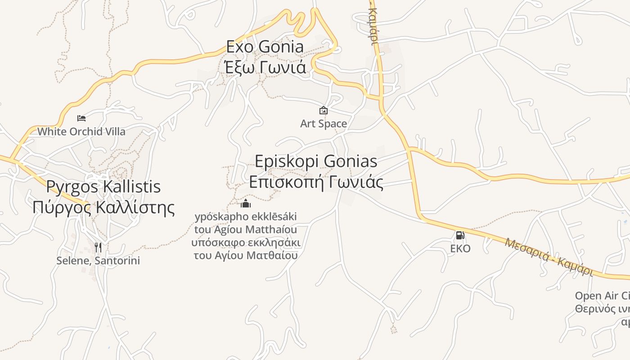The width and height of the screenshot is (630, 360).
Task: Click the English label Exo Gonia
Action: (265, 47)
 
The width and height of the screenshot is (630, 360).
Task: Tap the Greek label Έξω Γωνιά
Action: (265, 67)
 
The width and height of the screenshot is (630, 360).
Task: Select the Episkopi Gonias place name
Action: (316, 161)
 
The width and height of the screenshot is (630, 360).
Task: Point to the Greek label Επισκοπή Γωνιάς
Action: (316, 182)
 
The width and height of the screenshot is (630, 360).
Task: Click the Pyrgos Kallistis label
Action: (103, 187)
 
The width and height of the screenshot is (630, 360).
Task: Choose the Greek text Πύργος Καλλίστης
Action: (103, 207)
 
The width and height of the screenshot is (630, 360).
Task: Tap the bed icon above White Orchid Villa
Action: (81, 118)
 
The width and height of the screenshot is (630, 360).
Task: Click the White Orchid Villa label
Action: (81, 131)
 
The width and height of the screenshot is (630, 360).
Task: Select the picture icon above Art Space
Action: (323, 110)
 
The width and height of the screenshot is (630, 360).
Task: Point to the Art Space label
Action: (323, 123)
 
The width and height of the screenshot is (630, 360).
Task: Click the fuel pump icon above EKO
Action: (460, 235)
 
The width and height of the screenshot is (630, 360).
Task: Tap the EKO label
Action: (460, 248)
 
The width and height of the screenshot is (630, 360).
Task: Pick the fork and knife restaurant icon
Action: (98, 247)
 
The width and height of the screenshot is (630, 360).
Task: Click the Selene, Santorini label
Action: (98, 261)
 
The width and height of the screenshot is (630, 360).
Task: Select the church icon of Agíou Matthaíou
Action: (246, 204)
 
